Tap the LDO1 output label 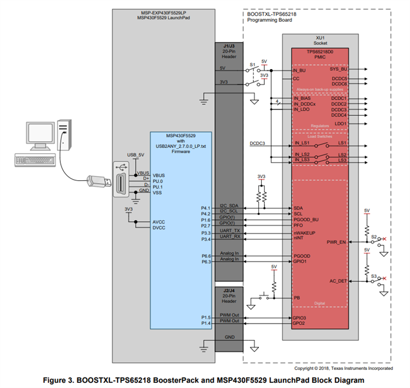pyautogui.click(x=339, y=123)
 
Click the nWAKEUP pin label pyautogui.click(x=305, y=233)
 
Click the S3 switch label pyautogui.click(x=373, y=274)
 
